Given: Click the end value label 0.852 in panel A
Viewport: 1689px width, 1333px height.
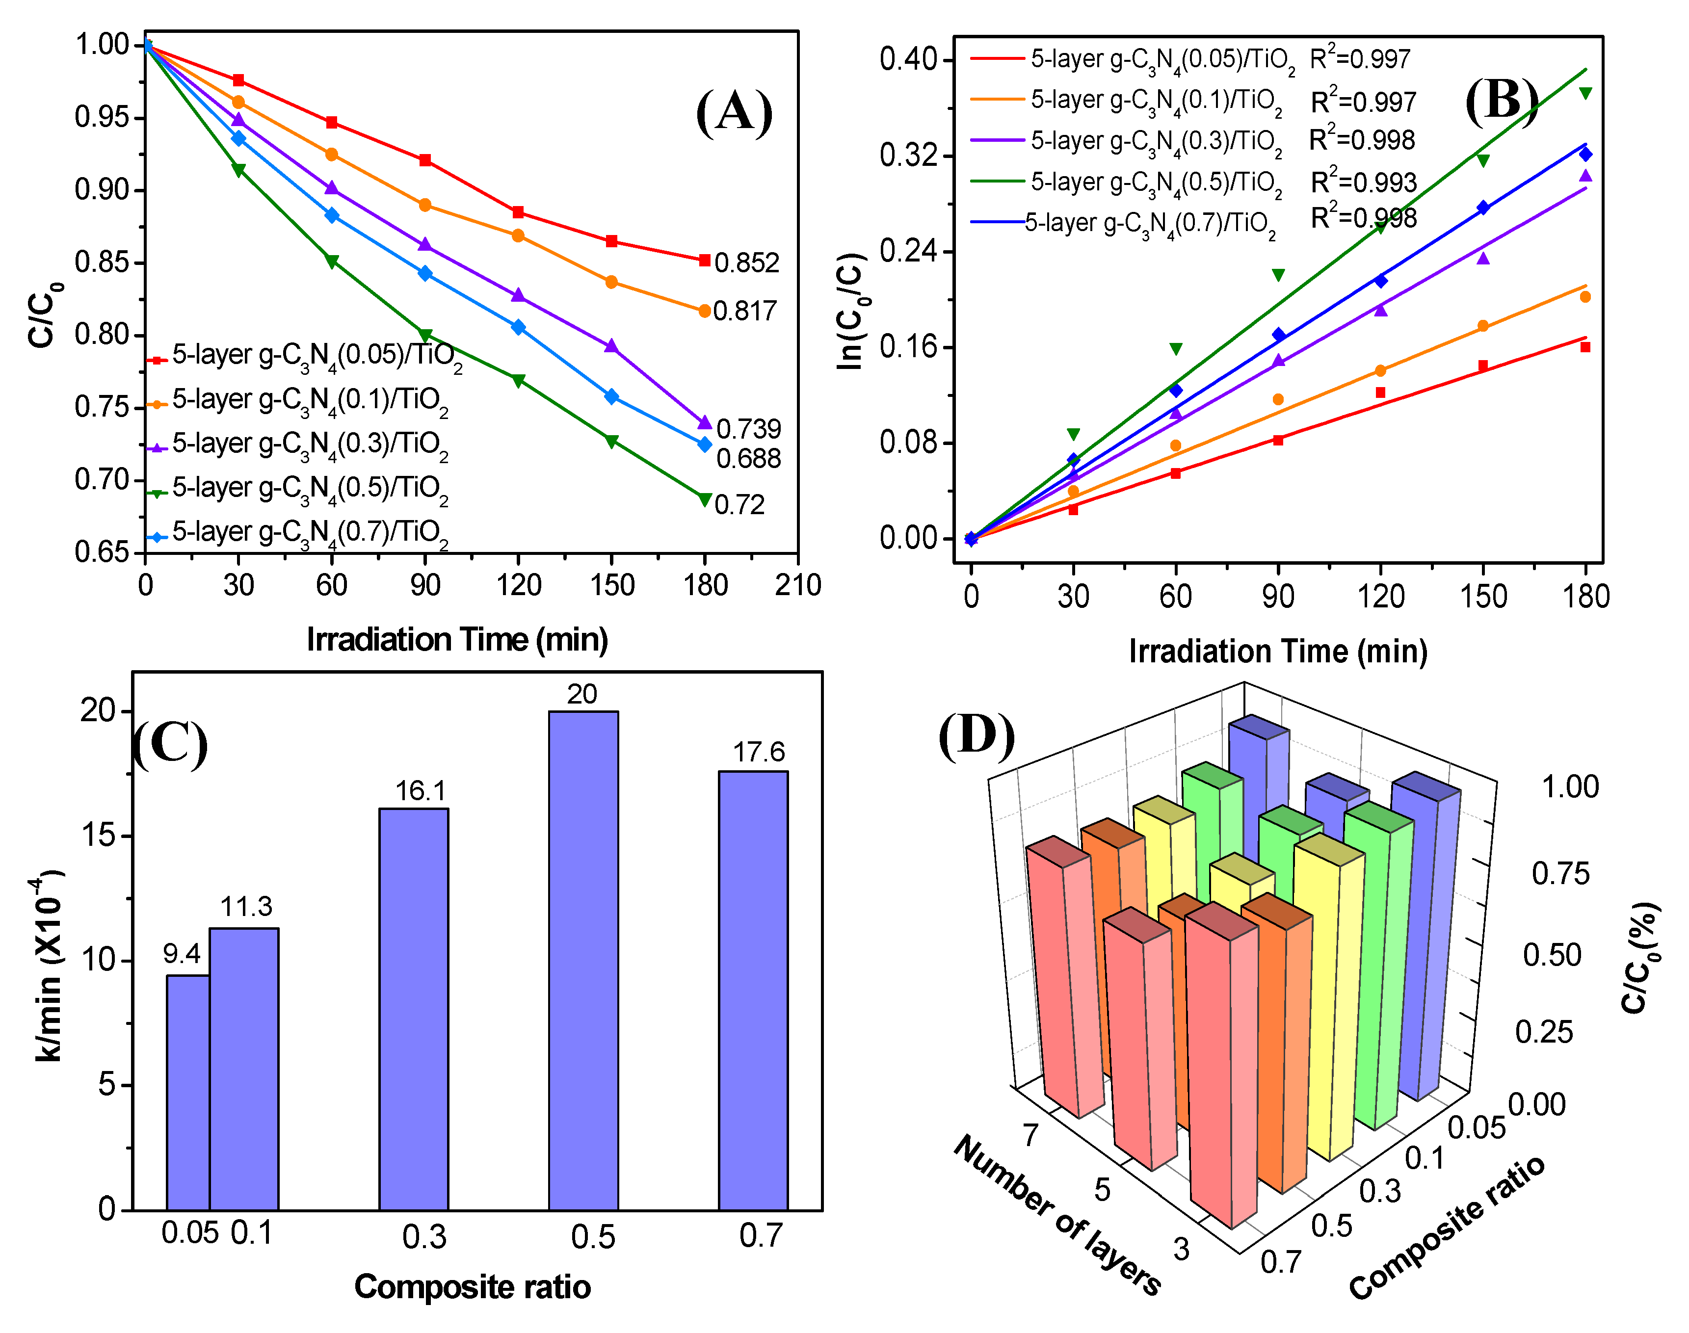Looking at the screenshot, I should point(746,263).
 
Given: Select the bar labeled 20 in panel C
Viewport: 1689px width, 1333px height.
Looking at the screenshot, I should point(583,960).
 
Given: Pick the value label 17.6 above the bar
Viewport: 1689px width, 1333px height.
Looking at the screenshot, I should point(758,752).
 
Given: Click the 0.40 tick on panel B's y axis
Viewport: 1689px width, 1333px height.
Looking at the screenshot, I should point(908,59).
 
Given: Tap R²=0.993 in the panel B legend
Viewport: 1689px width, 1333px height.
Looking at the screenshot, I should point(1363,182).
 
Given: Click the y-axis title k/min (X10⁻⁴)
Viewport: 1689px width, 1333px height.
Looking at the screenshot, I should point(49,968).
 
